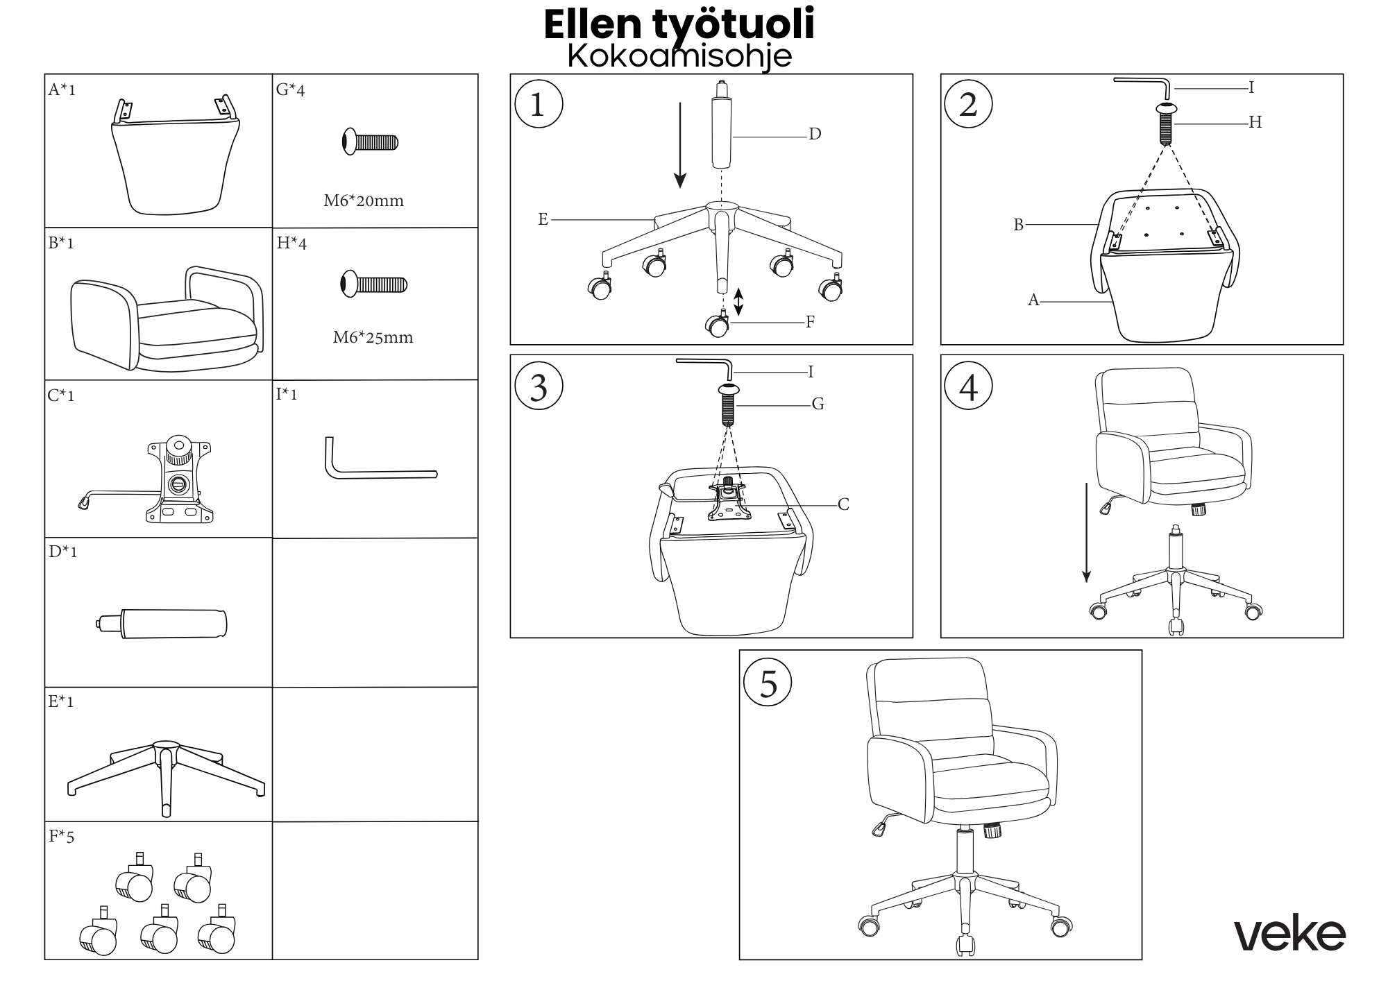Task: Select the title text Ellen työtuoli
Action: pos(679,25)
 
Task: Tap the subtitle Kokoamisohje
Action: pos(679,56)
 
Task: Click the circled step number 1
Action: pos(539,105)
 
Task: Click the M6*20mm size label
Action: pos(364,201)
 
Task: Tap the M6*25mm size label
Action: pos(373,338)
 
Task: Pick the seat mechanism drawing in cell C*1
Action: pos(167,480)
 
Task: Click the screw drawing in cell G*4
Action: pos(370,142)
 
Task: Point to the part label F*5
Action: pos(61,837)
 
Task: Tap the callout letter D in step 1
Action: pos(815,134)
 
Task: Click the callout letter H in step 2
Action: pos(1255,123)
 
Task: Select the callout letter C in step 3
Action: pos(843,504)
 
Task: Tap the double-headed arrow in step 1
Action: pos(738,302)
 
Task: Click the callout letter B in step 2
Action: pos(1018,225)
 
